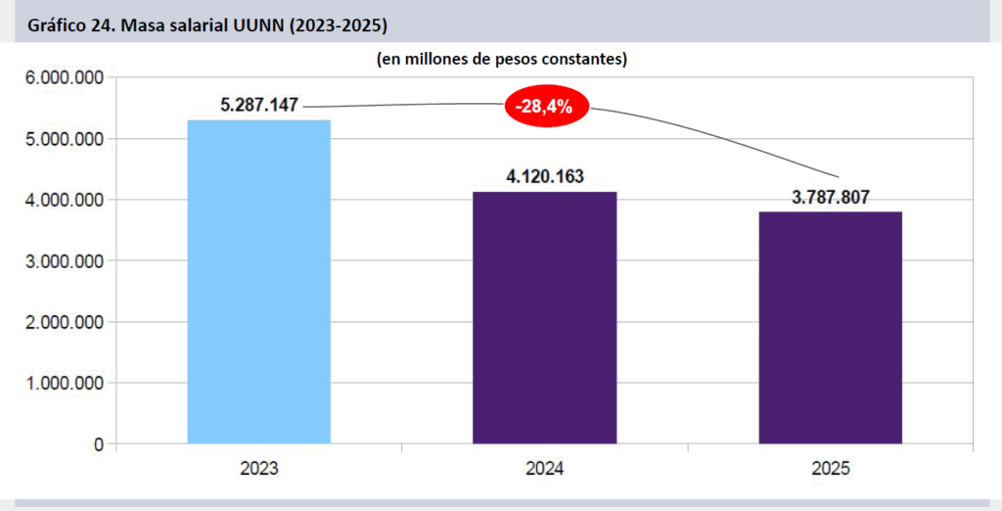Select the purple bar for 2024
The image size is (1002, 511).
(x=544, y=318)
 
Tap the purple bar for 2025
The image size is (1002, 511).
(x=831, y=328)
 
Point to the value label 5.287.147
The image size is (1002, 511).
(x=259, y=105)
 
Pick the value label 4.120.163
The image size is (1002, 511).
(x=544, y=177)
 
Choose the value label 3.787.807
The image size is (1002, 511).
(x=831, y=197)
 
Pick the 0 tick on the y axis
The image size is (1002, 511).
(x=99, y=444)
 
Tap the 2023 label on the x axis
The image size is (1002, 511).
(x=259, y=469)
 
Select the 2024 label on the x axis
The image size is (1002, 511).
(x=544, y=469)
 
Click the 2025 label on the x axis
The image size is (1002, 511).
(x=831, y=469)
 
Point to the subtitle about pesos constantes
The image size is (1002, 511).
(x=501, y=59)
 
